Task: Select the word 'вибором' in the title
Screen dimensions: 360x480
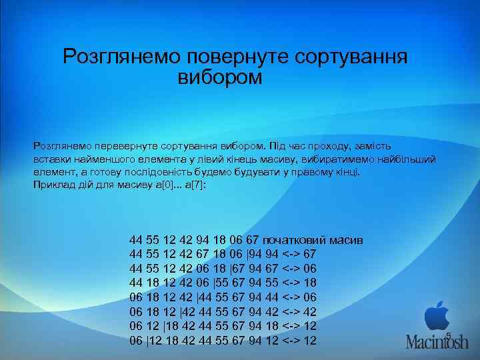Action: tap(221, 78)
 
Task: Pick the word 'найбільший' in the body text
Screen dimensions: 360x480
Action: tap(406, 159)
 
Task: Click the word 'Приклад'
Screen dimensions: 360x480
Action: tap(52, 185)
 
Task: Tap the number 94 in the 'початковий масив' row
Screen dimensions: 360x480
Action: tap(203, 239)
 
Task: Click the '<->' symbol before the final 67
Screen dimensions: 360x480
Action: tap(290, 255)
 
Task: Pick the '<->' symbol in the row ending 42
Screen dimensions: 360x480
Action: tap(290, 312)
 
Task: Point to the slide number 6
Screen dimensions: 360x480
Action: tap(448, 335)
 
